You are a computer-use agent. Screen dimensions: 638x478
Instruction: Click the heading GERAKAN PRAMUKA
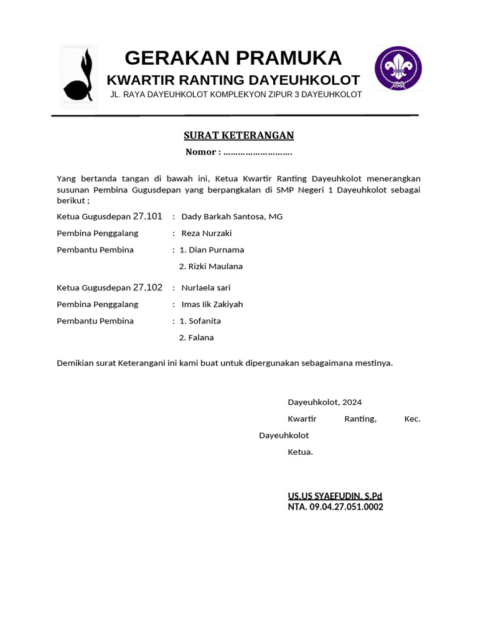pos(233,58)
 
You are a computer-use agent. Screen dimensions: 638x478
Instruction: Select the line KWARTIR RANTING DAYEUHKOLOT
pos(233,80)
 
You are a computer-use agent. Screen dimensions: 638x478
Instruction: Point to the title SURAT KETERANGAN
pos(239,136)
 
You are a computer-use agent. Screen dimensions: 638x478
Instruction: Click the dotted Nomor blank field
pos(258,152)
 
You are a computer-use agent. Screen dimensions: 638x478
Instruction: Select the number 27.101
pos(148,216)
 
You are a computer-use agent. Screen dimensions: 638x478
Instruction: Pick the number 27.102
pos(148,287)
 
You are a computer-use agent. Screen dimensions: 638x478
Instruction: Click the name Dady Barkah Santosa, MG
pos(232,217)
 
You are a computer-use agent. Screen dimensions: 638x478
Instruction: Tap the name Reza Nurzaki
pos(207,233)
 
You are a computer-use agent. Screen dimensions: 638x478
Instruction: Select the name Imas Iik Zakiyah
pos(212,305)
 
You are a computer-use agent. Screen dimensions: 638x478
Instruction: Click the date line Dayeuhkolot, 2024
pos(324,402)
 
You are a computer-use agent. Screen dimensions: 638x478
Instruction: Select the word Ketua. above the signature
pos(300,452)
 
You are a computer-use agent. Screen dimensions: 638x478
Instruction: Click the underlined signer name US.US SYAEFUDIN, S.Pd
pos(335,496)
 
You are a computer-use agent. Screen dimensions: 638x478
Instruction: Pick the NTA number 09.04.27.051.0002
pos(347,507)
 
